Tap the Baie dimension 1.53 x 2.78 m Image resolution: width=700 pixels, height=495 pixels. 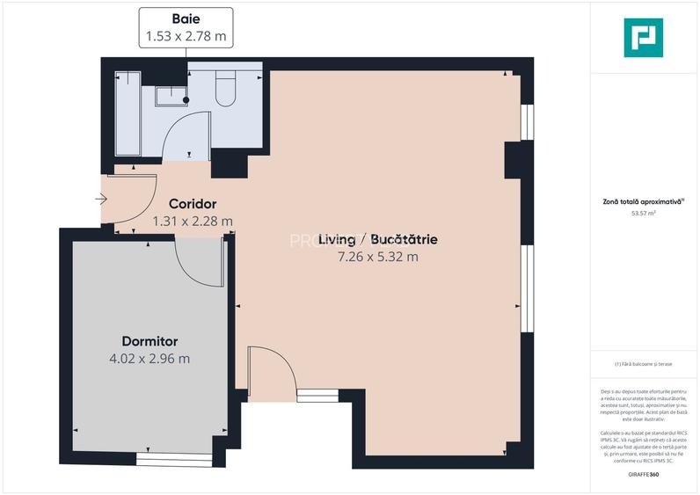tap(186, 37)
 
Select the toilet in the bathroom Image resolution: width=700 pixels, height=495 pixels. tap(226, 88)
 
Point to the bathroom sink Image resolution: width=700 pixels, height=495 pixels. tap(170, 95)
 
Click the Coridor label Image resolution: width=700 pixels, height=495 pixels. tap(193, 204)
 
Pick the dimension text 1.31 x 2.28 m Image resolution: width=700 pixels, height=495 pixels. tap(193, 222)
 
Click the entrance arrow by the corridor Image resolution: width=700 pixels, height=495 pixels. tap(102, 200)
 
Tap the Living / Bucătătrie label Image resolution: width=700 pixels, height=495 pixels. tap(378, 239)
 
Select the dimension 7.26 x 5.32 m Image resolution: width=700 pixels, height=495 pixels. tap(378, 257)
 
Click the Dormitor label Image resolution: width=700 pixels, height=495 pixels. tap(149, 340)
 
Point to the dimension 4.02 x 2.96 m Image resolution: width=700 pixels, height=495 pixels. tap(149, 358)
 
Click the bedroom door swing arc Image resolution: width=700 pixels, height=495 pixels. tap(198, 264)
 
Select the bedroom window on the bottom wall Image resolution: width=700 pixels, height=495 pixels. tap(174, 459)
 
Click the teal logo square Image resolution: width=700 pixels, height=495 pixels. tap(643, 38)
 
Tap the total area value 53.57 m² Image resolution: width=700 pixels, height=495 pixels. tap(644, 213)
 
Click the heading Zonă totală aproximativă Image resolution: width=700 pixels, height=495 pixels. tap(643, 202)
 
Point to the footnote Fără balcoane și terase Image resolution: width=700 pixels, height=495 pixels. tap(644, 364)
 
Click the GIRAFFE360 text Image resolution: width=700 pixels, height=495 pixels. tap(643, 475)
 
